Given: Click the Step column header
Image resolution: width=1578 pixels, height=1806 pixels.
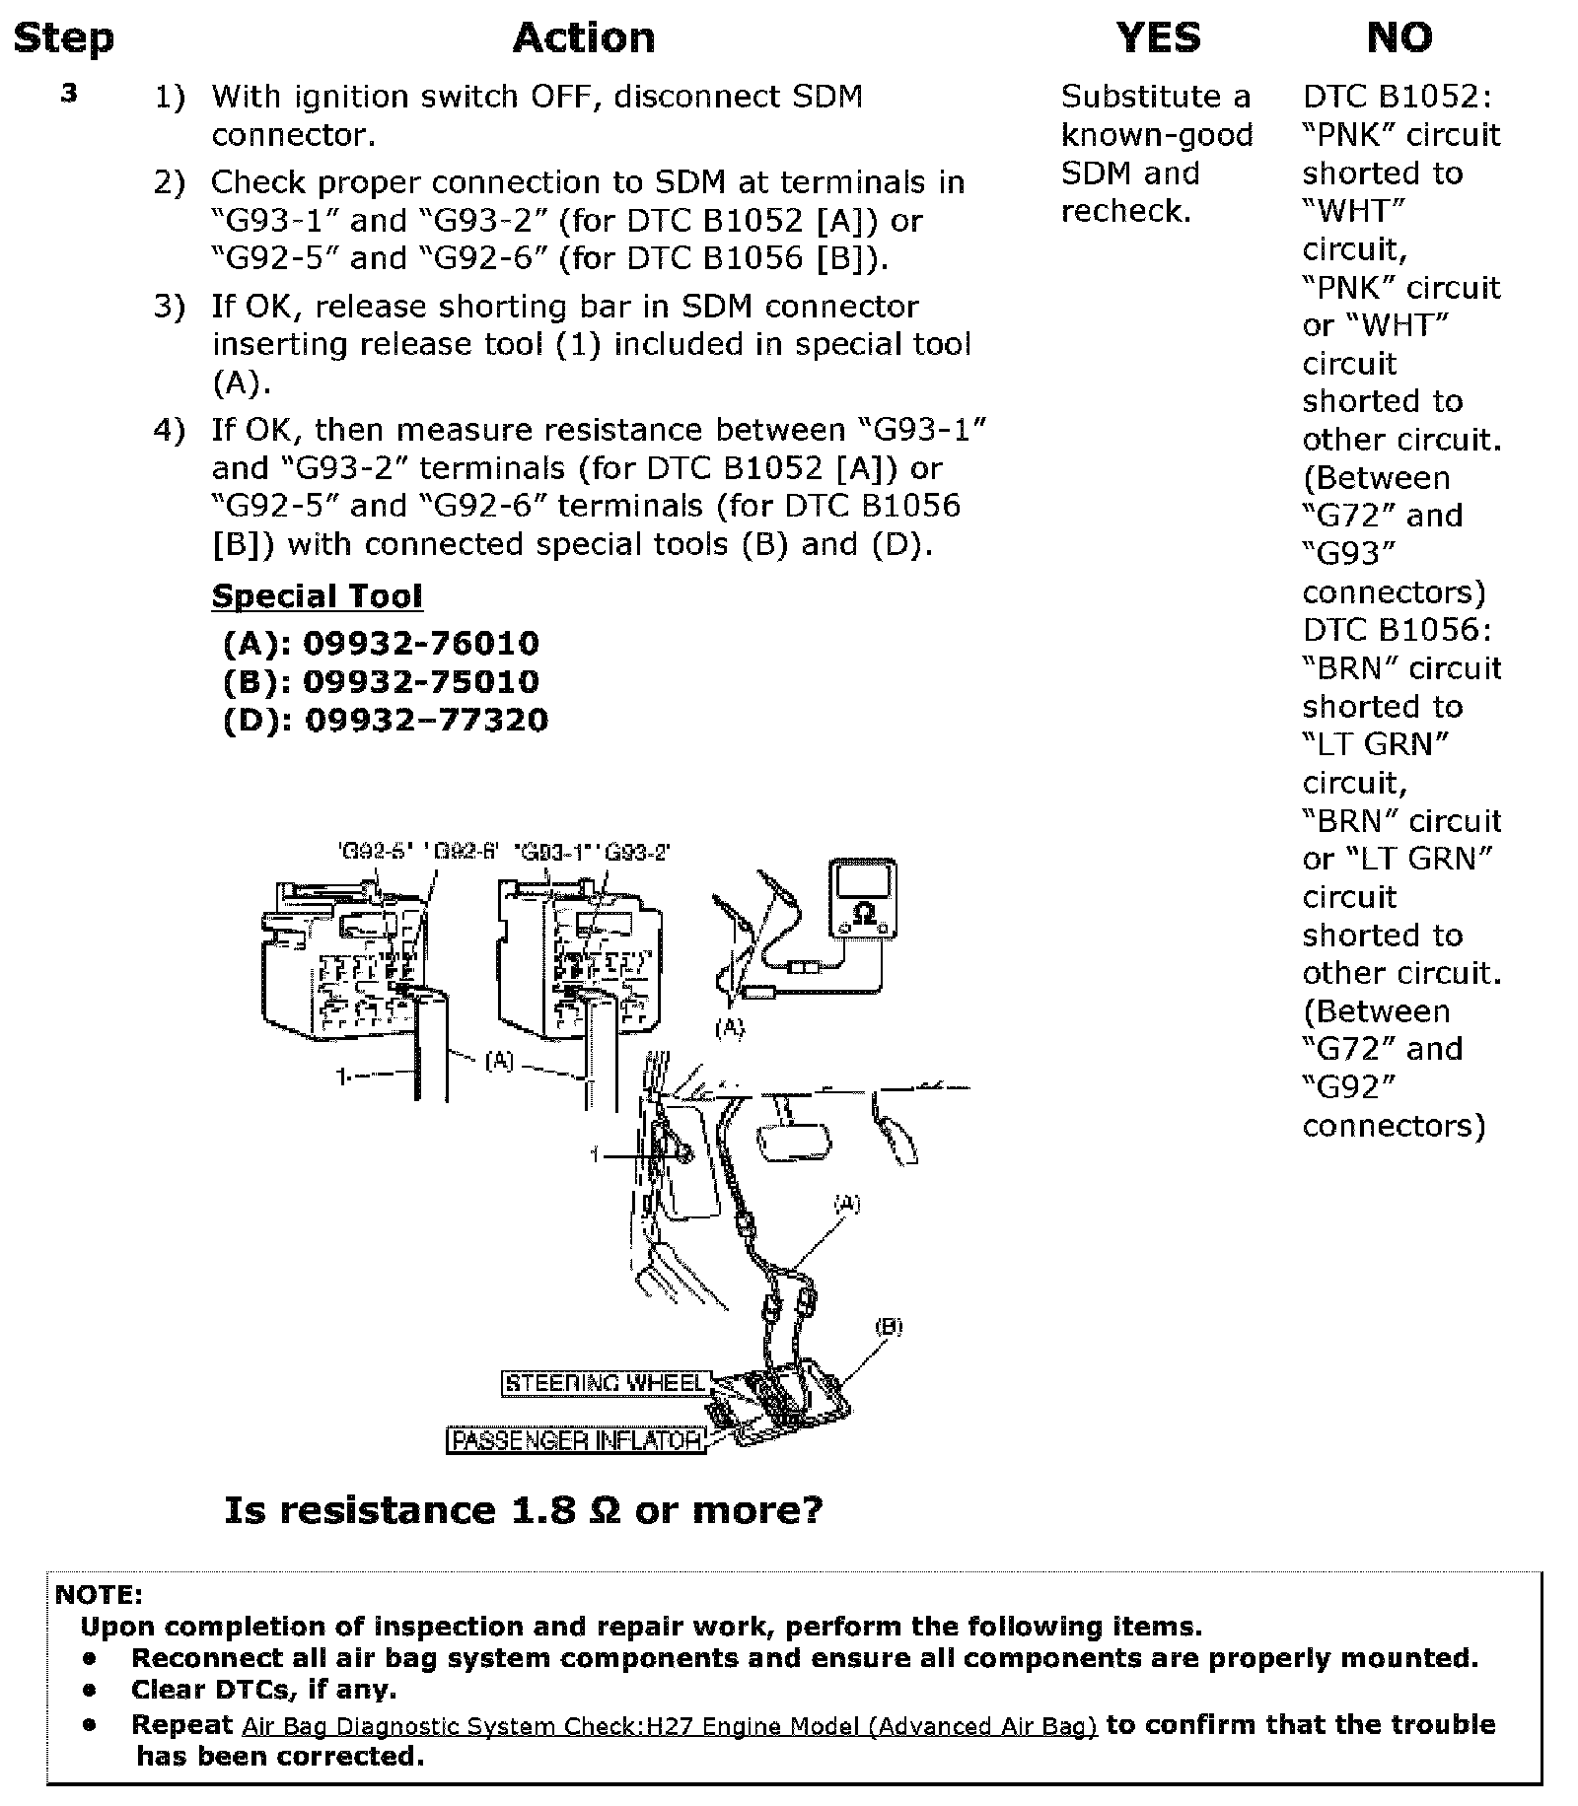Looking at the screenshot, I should tap(64, 38).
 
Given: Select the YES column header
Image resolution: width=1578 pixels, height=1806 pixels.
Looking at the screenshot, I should tap(1158, 38).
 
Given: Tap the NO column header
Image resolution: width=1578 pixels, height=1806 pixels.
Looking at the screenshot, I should tap(1399, 38).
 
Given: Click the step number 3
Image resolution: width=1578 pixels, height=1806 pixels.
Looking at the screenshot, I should tap(69, 95).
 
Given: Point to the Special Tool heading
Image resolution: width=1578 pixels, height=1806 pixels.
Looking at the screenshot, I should tap(317, 596).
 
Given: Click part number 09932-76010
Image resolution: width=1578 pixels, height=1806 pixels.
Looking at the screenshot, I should tap(421, 644).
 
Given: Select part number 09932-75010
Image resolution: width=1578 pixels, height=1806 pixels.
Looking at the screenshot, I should tap(421, 682).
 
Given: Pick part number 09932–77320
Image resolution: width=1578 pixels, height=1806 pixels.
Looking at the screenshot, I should tap(425, 721).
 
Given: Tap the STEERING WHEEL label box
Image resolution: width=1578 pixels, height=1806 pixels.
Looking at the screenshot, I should tap(605, 1383).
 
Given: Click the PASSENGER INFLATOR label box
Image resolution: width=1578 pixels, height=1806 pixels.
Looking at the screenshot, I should tap(577, 1440).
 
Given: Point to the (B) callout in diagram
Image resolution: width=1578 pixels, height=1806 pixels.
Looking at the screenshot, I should tap(888, 1327).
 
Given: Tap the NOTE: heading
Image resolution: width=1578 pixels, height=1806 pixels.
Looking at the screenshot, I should tap(99, 1595).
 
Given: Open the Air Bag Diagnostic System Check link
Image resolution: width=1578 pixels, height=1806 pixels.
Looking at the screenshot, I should tap(670, 1726).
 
